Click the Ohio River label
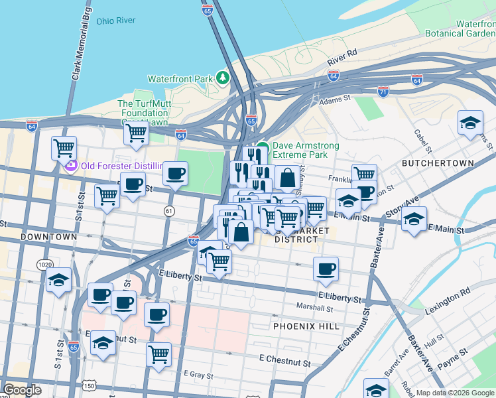pos(115,21)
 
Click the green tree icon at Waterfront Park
pos(223,79)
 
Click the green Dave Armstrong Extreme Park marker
pos(263,147)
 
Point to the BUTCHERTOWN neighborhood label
pos(438,163)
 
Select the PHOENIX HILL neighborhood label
pos(306,326)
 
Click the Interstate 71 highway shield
pos(383,92)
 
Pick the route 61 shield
pos(169,211)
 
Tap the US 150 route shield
pos(89,385)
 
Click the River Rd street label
pos(342,58)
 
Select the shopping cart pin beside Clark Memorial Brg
pos(64,147)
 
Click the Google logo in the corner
pos(22,390)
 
